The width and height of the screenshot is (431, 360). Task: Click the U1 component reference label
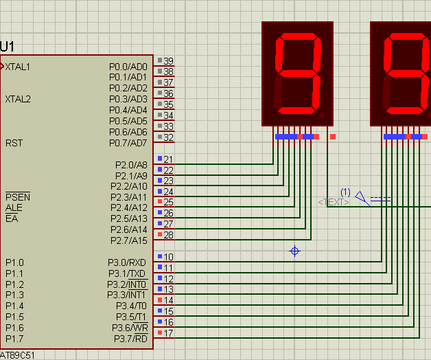8,47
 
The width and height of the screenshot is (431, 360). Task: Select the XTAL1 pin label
18,67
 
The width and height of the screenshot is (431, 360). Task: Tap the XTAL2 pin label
18,99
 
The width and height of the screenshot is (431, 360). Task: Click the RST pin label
14,144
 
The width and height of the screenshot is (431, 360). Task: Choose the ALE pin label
14,207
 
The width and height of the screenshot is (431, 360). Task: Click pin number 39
168,61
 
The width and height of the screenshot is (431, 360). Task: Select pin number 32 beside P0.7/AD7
168,137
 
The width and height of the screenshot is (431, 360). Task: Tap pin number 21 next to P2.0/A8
168,159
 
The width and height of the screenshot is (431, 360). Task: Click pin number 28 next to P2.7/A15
168,235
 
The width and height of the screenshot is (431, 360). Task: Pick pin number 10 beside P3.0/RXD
168,257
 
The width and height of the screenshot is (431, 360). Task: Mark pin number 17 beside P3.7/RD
168,333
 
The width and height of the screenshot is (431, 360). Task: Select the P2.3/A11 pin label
129,197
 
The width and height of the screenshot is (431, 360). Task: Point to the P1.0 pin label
14,262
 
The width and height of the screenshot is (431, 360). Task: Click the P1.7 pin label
14,339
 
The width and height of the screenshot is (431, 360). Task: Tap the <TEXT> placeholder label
334,202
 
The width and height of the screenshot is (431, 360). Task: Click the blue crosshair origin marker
295,251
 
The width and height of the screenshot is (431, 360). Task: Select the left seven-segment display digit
298,74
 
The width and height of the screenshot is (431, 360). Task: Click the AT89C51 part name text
17,355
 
